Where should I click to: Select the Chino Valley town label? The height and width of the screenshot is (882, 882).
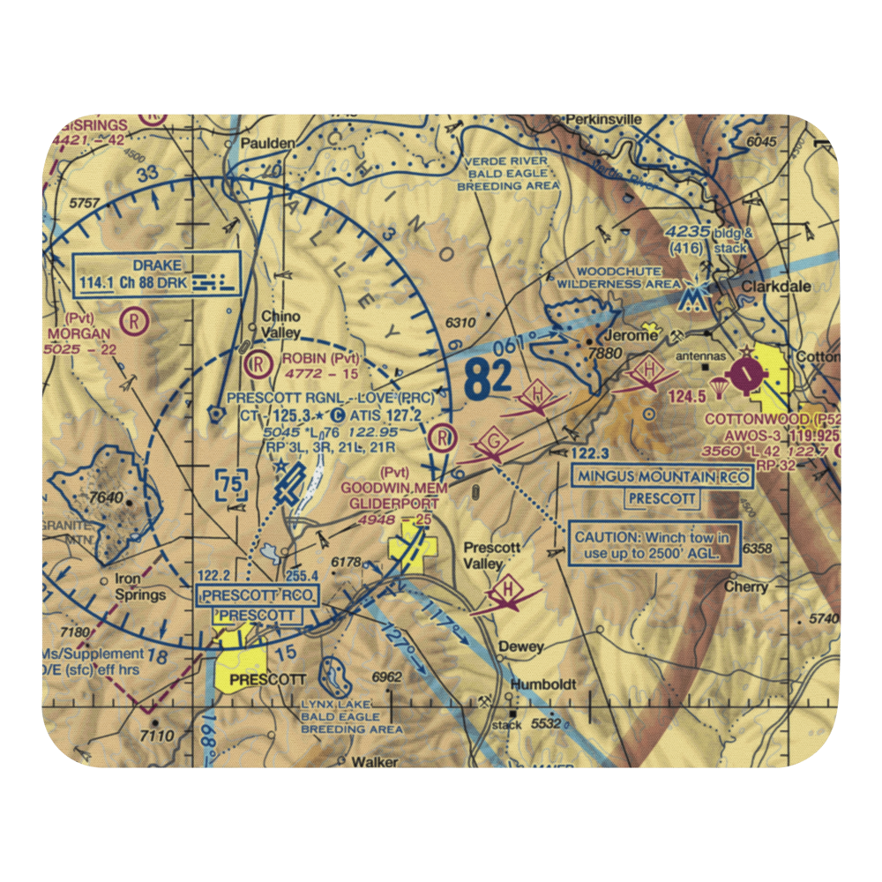pyautogui.click(x=280, y=323)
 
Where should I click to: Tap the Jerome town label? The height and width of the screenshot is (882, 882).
pyautogui.click(x=628, y=336)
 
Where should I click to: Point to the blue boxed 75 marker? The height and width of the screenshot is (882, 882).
pyautogui.click(x=232, y=484)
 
